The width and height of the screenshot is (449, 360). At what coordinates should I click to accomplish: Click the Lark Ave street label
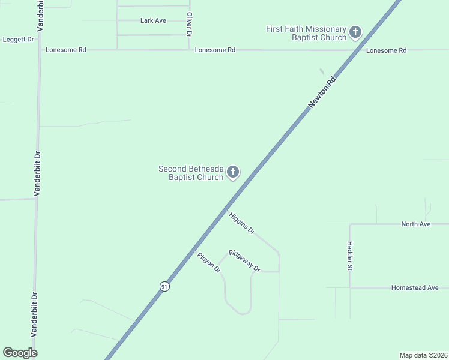coord(153,20)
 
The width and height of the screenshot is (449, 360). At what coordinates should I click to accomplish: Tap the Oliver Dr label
coord(189,25)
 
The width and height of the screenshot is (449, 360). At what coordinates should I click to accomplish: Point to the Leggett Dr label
coord(18,39)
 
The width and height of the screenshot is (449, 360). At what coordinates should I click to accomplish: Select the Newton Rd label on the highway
coord(321,92)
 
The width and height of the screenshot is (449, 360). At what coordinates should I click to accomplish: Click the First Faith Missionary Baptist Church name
coord(307,33)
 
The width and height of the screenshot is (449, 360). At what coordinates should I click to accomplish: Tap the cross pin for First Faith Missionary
coord(355,32)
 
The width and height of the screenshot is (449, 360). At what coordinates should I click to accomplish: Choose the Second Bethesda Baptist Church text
coord(191,173)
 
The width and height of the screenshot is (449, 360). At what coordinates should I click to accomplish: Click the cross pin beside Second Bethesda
coord(232,173)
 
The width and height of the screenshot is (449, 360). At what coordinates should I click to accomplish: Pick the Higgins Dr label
coord(242,223)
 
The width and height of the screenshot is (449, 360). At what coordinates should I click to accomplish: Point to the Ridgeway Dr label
coord(244,261)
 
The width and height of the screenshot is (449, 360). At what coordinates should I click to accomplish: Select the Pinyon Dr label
coord(209,263)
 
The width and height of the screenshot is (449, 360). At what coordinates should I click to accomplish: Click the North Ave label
coord(416,224)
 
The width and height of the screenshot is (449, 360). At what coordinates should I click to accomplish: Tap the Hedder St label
coord(349,256)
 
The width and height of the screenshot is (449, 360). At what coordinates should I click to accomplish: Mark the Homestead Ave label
coord(415,287)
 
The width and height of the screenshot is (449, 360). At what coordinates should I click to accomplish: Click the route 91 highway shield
coord(164,287)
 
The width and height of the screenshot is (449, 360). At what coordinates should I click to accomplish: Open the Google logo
coord(20,353)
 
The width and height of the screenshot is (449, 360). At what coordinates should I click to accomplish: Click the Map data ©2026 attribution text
coord(423,355)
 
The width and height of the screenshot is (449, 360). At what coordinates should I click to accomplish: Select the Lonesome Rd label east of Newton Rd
coord(386,50)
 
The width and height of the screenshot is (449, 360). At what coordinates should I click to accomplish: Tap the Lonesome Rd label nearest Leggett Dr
coord(66,50)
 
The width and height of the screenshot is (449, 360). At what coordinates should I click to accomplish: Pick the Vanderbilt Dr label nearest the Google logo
coord(34,314)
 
